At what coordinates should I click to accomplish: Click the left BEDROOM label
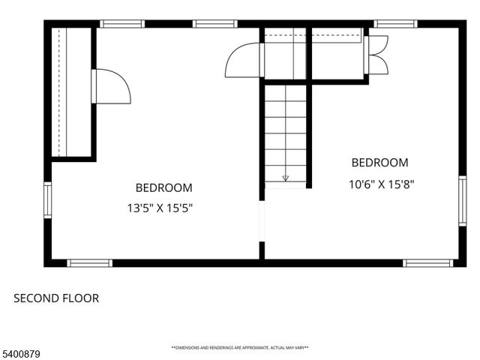163,187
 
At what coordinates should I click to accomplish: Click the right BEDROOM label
380,163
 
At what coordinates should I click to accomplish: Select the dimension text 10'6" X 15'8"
382,184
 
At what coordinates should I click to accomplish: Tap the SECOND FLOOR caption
56,298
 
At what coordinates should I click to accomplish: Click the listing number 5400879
21,349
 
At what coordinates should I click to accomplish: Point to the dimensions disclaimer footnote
240,348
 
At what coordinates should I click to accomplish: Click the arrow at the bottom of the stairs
285,178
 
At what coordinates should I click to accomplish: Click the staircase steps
285,131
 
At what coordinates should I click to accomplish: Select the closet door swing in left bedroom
111,85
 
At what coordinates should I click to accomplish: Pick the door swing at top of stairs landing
244,60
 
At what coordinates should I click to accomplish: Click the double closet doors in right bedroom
377,54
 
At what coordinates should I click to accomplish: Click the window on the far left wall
47,199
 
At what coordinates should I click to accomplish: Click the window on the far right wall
461,199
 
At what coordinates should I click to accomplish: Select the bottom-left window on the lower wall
89,262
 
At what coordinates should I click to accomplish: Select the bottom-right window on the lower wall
427,262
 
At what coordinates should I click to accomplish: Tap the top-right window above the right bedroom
395,24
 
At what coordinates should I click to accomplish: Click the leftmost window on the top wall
122,24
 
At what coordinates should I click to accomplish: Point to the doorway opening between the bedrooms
261,223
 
